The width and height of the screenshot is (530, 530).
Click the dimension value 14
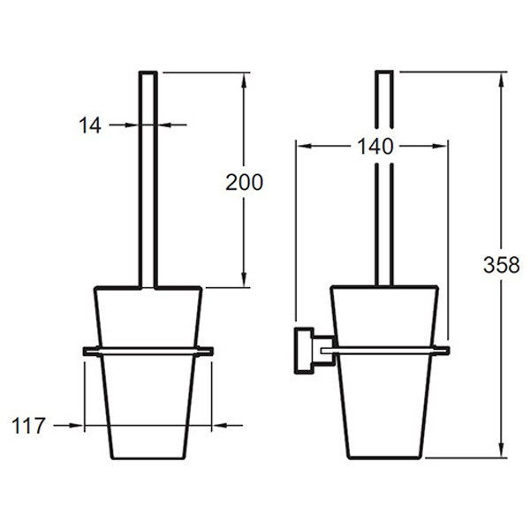pyautogui.click(x=90, y=125)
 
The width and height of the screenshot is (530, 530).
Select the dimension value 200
pyautogui.click(x=244, y=183)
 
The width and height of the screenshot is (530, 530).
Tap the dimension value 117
pyautogui.click(x=28, y=426)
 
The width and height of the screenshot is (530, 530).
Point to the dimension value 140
pyautogui.click(x=375, y=147)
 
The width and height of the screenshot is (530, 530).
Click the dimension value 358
pyautogui.click(x=501, y=265)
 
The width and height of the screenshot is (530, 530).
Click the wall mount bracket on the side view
pyautogui.click(x=314, y=351)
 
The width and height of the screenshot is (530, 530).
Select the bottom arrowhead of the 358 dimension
pyautogui.click(x=502, y=450)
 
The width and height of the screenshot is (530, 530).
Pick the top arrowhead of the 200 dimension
pyautogui.click(x=244, y=80)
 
